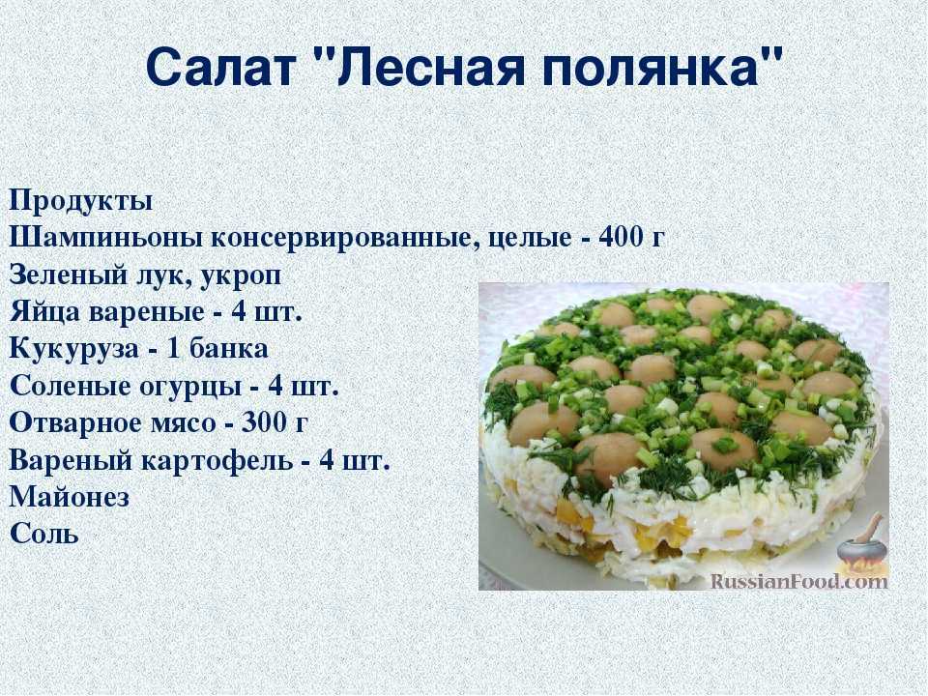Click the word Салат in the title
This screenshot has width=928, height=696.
[x=219, y=67]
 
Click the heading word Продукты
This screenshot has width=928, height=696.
[x=81, y=202]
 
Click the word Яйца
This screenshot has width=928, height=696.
[x=45, y=312]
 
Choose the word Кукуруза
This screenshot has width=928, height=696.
[x=74, y=349]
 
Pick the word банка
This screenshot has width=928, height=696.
[x=228, y=349]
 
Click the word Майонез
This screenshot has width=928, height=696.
[x=70, y=497]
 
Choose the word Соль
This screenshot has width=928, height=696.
[x=44, y=534]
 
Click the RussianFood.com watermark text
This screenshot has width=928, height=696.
[x=799, y=581]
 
